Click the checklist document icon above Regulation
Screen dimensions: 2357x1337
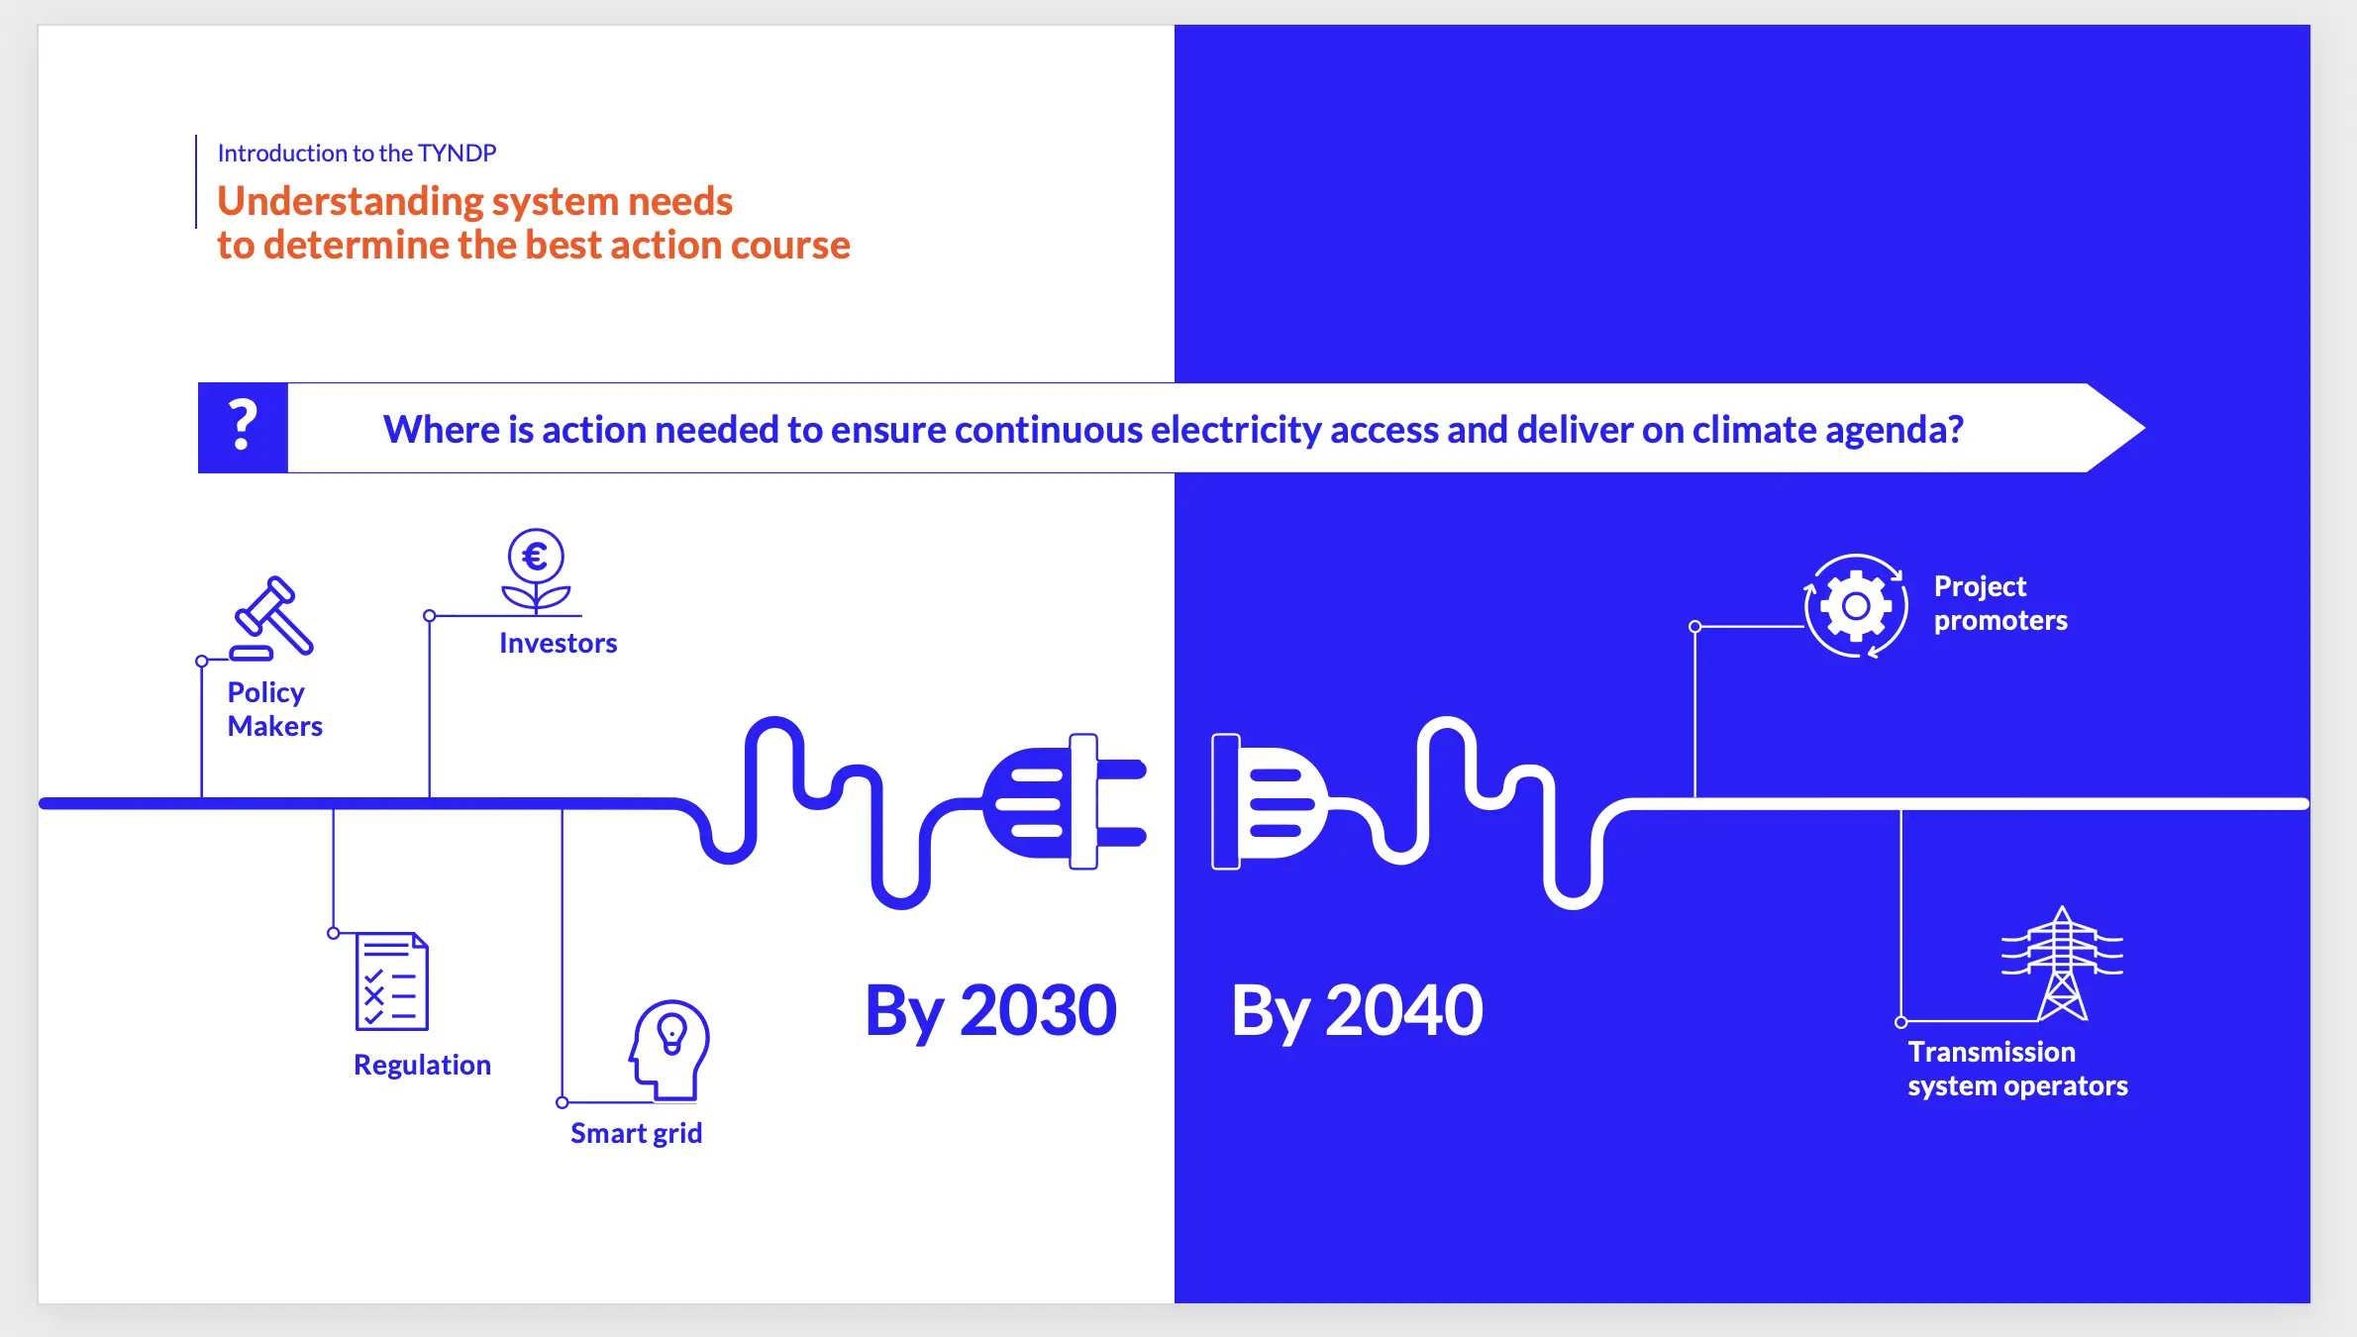pyautogui.click(x=392, y=981)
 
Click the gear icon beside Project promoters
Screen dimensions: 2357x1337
pyautogui.click(x=1856, y=605)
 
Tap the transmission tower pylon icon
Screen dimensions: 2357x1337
pyautogui.click(x=2062, y=963)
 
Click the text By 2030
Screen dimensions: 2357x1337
pyautogui.click(x=991, y=1012)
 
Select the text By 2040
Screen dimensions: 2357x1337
pyautogui.click(x=1358, y=1012)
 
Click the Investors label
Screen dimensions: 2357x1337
pyautogui.click(x=559, y=643)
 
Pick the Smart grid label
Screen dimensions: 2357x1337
pyautogui.click(x=637, y=1133)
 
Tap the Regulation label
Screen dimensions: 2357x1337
pyautogui.click(x=423, y=1065)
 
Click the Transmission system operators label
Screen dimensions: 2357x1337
pyautogui.click(x=2018, y=1069)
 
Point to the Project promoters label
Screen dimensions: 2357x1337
pyautogui.click(x=2001, y=603)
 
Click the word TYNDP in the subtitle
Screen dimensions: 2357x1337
pyautogui.click(x=457, y=154)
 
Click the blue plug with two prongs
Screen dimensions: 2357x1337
pyautogui.click(x=1065, y=802)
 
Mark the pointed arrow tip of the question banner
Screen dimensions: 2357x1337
pyautogui.click(x=2145, y=428)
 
